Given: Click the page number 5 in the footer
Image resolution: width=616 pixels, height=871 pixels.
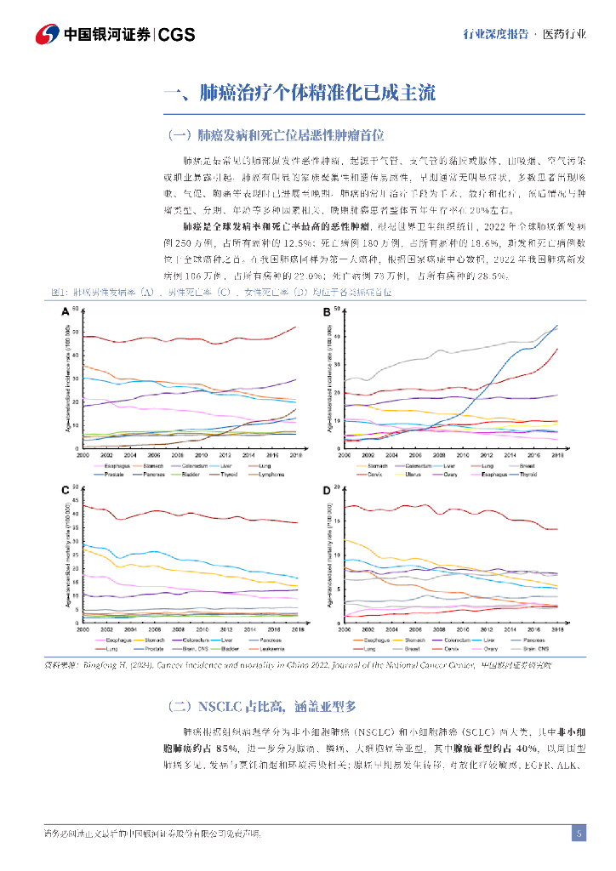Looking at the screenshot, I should point(579,833).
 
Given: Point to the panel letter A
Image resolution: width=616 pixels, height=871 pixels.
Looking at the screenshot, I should point(65,312).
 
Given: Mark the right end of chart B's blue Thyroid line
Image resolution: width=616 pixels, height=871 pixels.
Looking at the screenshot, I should point(557,326).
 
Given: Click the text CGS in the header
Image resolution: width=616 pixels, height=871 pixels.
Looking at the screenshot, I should point(177,35).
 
